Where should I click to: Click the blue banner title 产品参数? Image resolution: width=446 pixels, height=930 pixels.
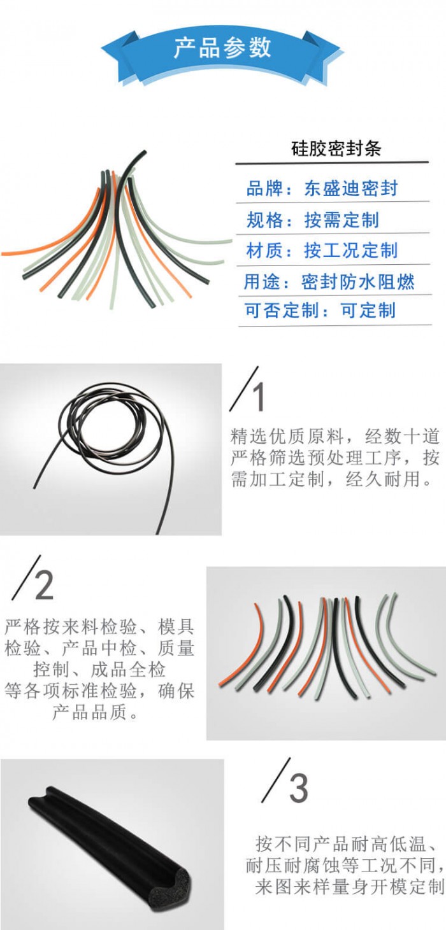pos(222,48)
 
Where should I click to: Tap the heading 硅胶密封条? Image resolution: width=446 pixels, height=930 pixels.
pos(336,148)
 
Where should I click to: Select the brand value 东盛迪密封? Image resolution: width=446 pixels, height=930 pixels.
pos(351,188)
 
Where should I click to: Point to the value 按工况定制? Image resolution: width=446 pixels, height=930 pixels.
pos(351,250)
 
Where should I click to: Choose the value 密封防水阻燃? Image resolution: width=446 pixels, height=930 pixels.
pos(358,282)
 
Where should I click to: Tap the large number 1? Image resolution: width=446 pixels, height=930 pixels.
pos(259,397)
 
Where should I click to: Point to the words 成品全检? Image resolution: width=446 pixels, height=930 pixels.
pos(128,670)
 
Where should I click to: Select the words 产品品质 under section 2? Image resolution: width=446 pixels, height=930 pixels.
pos(90,712)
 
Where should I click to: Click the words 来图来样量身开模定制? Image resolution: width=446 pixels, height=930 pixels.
pos(350,887)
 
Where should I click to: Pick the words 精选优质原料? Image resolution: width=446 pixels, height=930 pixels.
pos(287,436)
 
